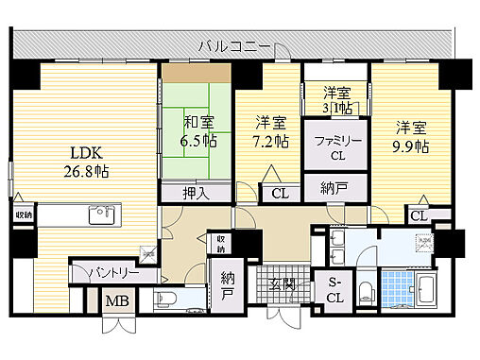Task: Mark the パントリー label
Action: click(115, 273)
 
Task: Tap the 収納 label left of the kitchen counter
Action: click(23, 214)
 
